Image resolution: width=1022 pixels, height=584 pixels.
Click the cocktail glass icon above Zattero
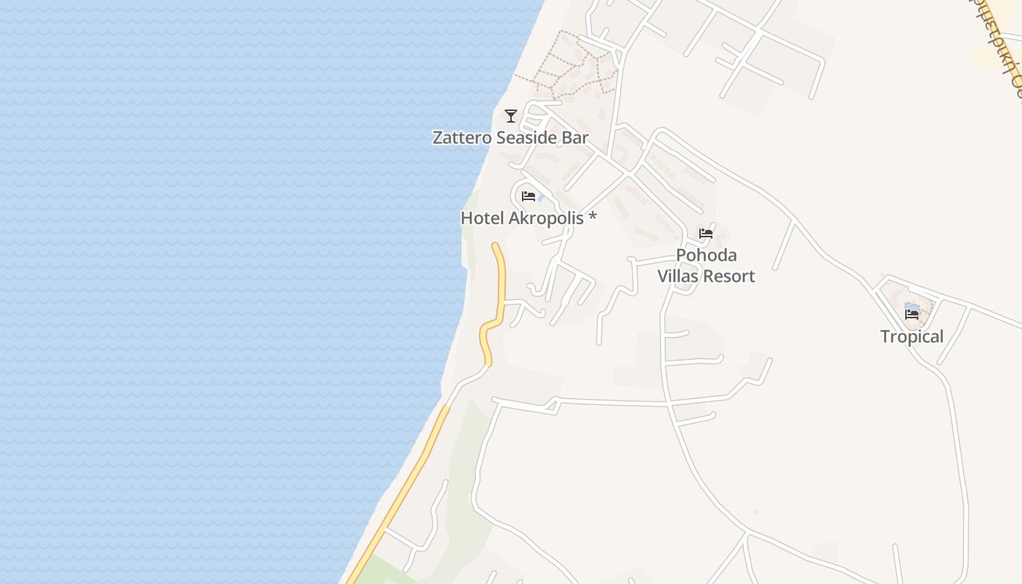(511, 115)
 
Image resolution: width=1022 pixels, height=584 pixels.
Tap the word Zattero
(461, 137)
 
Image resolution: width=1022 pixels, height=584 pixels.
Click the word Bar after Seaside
(574, 137)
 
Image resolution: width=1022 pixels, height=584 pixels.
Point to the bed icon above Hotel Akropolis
(529, 196)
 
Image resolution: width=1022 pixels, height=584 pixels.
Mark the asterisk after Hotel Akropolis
(593, 217)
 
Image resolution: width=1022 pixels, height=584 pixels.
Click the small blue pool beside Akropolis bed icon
(540, 198)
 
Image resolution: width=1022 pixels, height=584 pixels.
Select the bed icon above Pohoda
(706, 234)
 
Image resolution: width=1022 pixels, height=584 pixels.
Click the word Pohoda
(706, 255)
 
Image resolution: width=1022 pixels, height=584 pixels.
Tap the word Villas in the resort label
(679, 277)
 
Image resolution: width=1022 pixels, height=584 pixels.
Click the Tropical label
(912, 337)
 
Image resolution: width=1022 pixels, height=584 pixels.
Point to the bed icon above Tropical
(912, 315)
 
